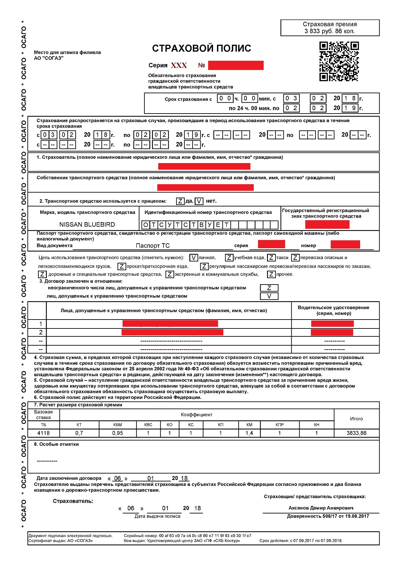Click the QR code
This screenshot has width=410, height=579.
click(339, 61)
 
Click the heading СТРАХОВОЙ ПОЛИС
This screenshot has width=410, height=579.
click(202, 49)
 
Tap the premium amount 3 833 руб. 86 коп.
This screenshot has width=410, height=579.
click(330, 31)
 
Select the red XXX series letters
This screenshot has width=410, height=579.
click(179, 65)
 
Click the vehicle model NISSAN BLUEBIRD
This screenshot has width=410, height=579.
click(87, 224)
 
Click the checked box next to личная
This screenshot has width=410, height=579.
click(194, 258)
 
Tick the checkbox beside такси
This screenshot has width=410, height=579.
click(271, 258)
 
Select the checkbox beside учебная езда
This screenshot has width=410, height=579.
click(229, 258)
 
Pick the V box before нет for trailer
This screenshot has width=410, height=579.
click(199, 201)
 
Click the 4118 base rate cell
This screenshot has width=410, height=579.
click(44, 433)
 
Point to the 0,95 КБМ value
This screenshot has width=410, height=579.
click(118, 433)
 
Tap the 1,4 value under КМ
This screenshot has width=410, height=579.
click(249, 433)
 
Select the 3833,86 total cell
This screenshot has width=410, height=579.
click(356, 433)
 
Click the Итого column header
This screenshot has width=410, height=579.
click(356, 419)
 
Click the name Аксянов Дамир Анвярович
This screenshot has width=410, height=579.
click(321, 508)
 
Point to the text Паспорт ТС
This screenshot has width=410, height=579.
click(153, 246)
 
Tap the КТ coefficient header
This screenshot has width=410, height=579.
click(79, 425)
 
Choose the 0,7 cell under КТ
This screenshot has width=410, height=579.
click(79, 433)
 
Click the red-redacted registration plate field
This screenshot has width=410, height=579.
click(327, 224)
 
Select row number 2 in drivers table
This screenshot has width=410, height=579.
click(41, 332)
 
